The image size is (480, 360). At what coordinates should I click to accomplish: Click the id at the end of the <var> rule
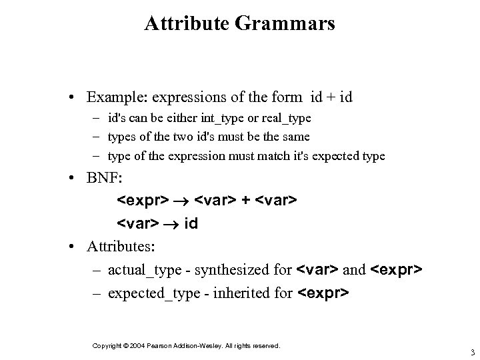click(x=191, y=224)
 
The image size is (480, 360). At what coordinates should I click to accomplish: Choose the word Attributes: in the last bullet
click(x=121, y=247)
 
